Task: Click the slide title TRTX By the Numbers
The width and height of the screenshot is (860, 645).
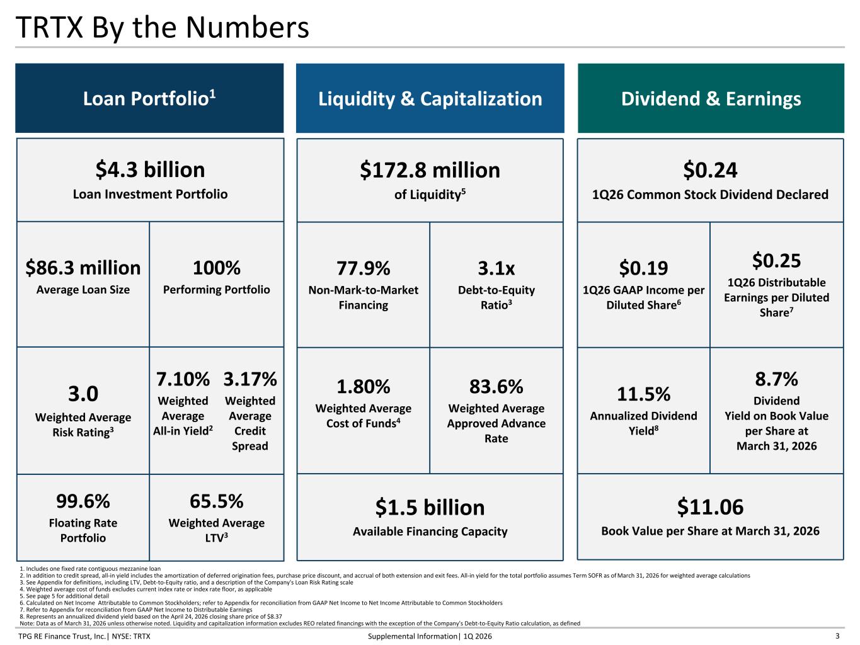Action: pos(162,28)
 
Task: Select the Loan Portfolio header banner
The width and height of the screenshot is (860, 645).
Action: pos(149,98)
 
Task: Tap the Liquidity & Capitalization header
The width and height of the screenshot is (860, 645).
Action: pos(430,98)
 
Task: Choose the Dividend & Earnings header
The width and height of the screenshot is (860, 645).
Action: pos(711,98)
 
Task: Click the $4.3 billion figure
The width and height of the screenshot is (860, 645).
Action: pos(150,170)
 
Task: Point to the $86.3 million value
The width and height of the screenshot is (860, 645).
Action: pos(83,268)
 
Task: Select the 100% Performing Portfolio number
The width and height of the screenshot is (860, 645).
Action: pos(217,268)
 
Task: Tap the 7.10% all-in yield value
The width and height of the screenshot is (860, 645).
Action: pos(183,379)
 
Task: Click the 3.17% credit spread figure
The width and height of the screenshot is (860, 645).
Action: pos(250,379)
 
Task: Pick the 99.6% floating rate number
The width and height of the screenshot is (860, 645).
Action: pos(83,501)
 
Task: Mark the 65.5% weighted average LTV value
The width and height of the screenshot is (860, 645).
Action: pos(217,501)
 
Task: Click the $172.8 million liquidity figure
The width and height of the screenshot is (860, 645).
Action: pos(430,170)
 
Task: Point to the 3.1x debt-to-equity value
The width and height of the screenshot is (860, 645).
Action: pos(496,269)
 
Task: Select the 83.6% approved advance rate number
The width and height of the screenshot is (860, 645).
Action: pos(496,387)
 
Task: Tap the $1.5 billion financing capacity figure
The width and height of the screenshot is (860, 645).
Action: pos(430,508)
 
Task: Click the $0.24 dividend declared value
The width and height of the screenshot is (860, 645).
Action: pos(710,170)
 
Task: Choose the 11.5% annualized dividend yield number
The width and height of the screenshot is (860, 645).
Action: pos(644,394)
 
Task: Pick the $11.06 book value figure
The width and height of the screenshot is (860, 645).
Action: pos(710,507)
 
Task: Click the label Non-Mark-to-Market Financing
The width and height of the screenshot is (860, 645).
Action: pos(363,298)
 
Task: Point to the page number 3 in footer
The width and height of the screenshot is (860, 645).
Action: pos(837,636)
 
